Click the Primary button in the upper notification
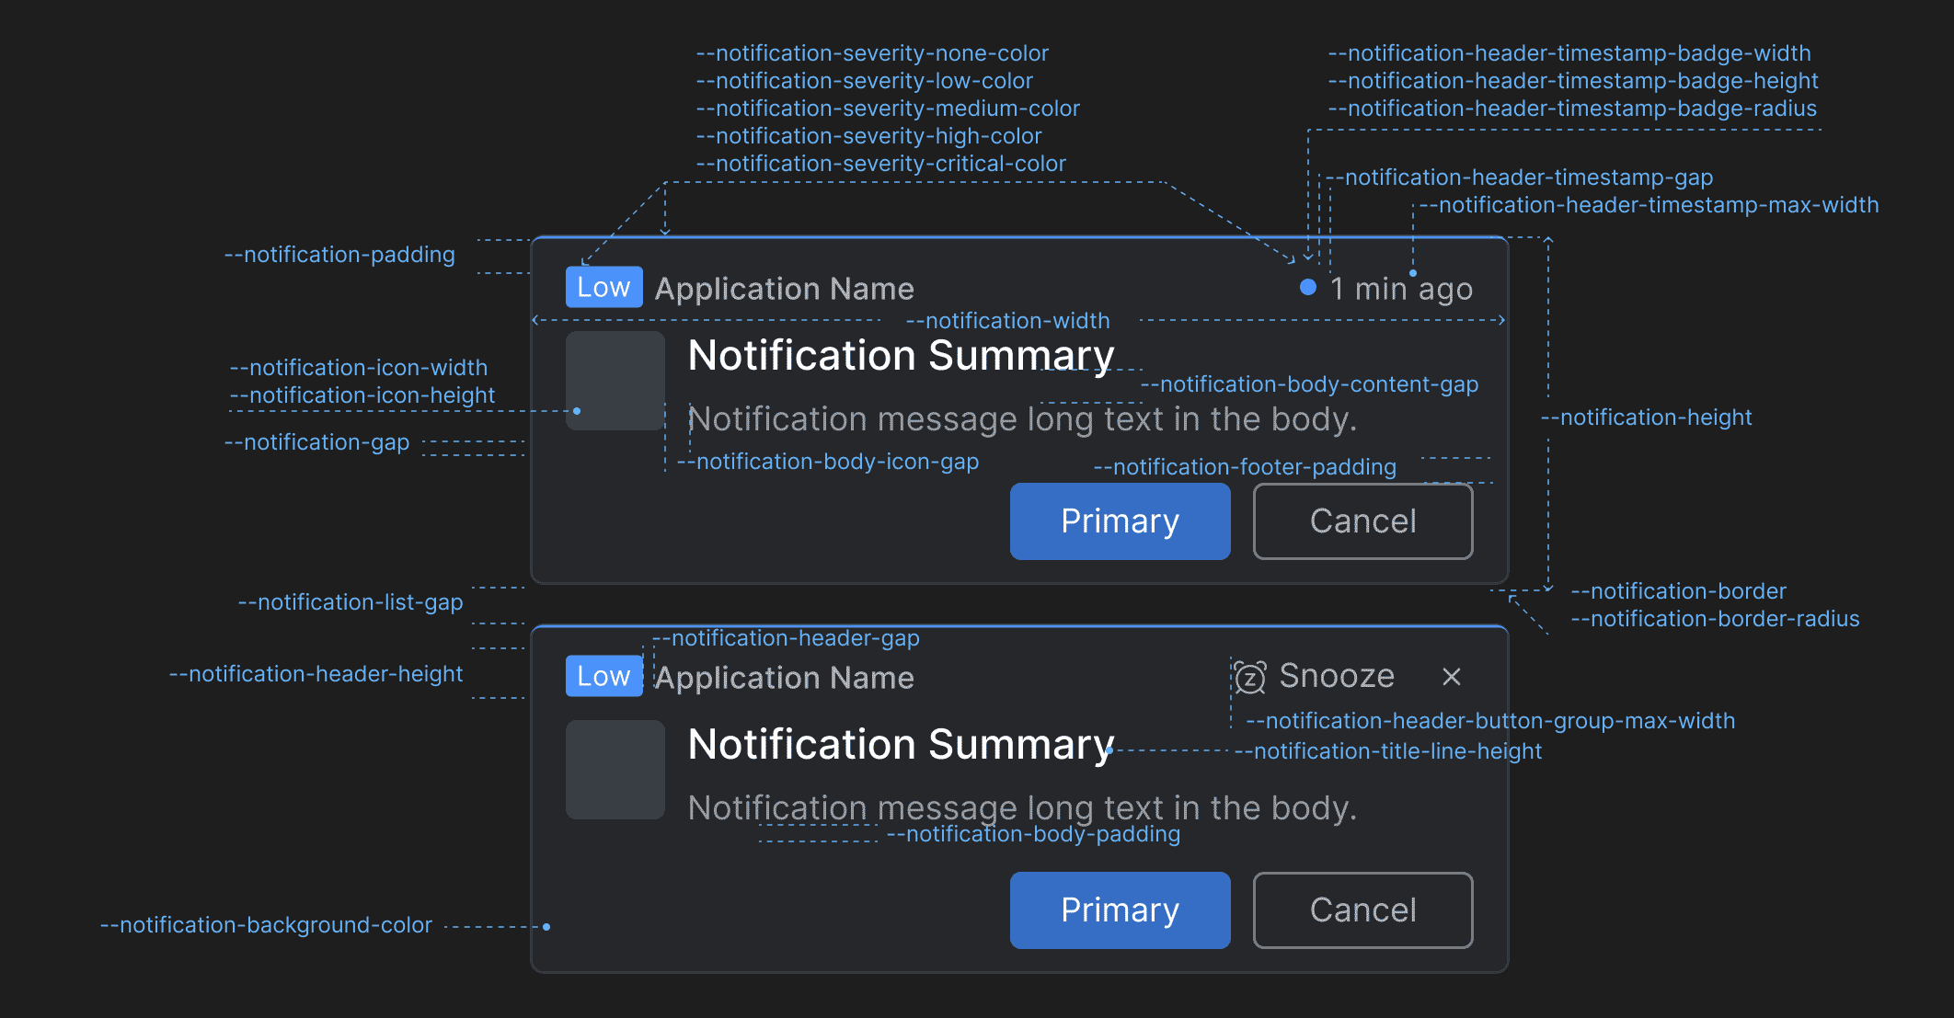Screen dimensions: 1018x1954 point(1120,521)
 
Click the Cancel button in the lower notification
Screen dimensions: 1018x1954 point(1362,910)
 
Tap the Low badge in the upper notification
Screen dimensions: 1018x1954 point(603,287)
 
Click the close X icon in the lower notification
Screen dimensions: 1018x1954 point(1452,677)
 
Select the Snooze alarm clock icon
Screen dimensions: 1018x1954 point(1249,678)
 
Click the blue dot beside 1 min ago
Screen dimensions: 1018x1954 point(1307,287)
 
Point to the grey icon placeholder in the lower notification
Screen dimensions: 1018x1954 point(615,770)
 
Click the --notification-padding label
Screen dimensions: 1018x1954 point(339,255)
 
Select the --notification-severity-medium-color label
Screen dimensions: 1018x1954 point(888,109)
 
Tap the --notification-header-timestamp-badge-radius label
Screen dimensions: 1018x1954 point(1572,109)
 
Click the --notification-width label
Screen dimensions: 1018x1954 point(1008,321)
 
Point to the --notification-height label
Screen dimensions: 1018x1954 point(1646,417)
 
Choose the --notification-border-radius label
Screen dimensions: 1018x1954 point(1715,619)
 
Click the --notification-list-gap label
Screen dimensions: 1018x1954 point(351,602)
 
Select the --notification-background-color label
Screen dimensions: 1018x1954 point(266,925)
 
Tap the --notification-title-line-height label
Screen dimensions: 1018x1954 point(1388,751)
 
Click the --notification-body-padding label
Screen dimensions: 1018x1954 point(1033,834)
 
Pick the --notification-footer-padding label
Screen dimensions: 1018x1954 point(1245,467)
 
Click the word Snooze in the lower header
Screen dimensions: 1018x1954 point(1337,676)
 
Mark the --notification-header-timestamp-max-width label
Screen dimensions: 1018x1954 point(1649,205)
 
